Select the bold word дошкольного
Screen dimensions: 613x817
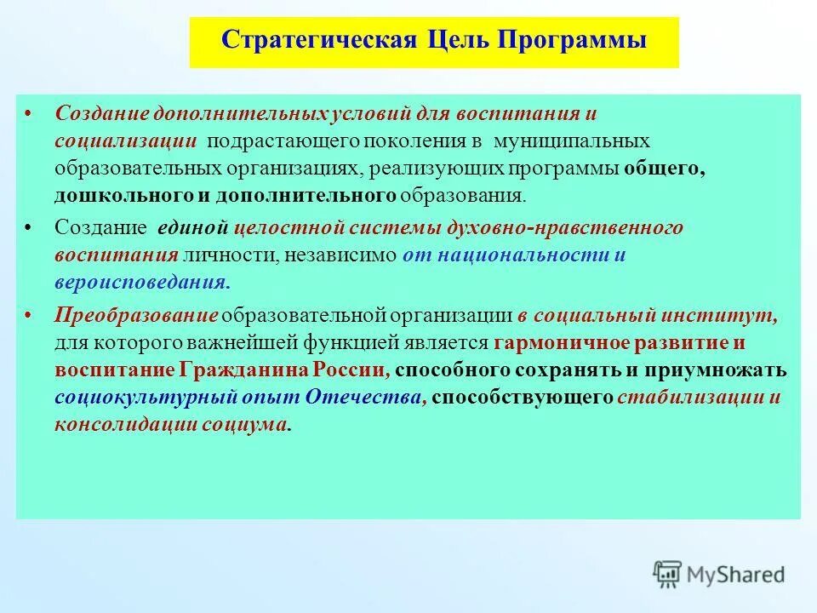[x=123, y=195]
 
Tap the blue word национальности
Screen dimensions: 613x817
[x=523, y=255]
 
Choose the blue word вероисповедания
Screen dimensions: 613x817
[x=140, y=282]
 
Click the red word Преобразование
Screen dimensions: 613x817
[x=136, y=315]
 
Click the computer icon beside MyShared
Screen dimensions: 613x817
[x=668, y=574]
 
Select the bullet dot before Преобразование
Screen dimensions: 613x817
[x=29, y=316]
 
